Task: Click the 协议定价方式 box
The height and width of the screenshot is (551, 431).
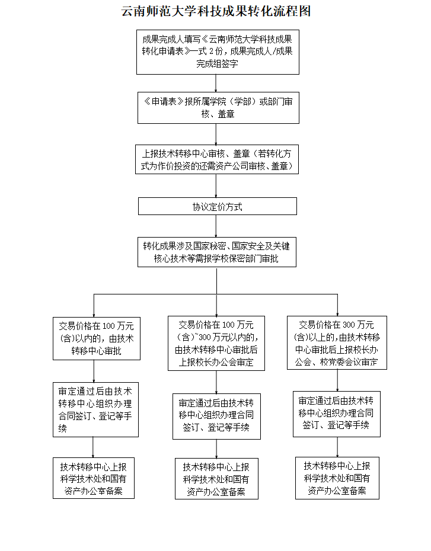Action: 217,207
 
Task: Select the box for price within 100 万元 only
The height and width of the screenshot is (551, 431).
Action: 96,338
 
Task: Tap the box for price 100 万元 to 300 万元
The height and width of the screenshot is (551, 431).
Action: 216,343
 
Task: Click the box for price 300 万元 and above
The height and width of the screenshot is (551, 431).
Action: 336,342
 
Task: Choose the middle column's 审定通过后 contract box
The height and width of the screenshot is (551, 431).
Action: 216,417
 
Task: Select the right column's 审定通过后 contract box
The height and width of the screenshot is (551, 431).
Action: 336,414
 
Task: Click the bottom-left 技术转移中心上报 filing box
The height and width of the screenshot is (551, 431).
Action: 93,478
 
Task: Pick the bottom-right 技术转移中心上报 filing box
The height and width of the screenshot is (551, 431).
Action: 337,478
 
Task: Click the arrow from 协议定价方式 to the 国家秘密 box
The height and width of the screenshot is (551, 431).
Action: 216,226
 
